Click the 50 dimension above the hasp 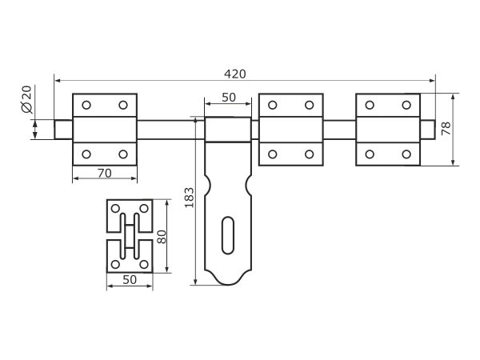(x=226, y=98)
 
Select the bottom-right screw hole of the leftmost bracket (x=122, y=154)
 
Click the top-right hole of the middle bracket (x=310, y=105)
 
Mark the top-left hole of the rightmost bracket (x=370, y=105)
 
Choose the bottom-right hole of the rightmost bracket (x=406, y=154)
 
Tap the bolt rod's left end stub (x=63, y=128)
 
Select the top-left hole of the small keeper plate (x=116, y=209)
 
